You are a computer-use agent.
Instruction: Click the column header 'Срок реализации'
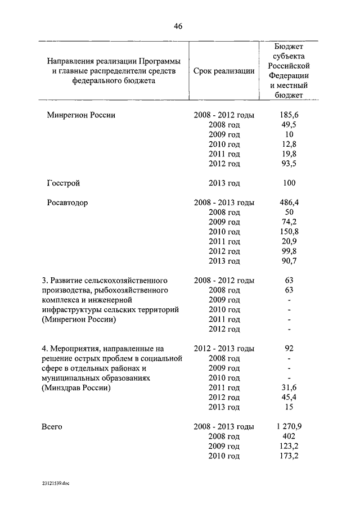223,71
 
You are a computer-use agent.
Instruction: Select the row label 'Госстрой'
64,183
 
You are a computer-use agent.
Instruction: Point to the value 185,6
288,115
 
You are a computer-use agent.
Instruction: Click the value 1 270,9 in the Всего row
288,426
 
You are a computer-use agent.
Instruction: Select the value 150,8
288,232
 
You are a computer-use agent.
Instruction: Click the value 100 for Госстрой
288,183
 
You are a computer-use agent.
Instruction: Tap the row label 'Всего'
52,427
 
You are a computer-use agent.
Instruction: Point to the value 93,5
288,164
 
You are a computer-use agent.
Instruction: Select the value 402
288,436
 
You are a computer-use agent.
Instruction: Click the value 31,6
288,388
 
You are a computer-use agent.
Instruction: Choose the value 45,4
288,397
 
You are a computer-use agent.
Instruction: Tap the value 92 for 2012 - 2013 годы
288,348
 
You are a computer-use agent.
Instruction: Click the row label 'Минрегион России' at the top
81,115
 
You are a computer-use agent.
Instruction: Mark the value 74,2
288,222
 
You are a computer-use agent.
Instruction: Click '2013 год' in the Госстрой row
224,183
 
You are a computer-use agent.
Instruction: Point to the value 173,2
288,456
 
